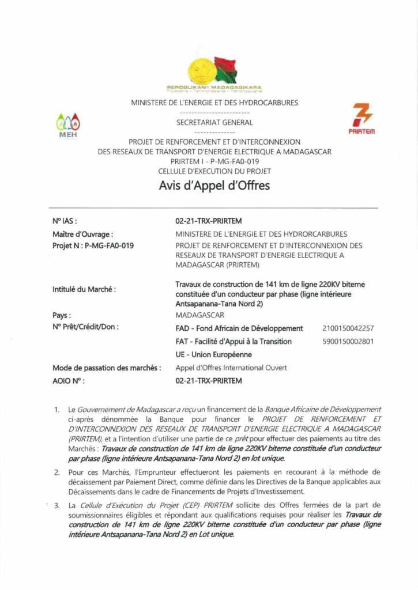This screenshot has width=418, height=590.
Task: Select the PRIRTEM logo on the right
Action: coord(361,119)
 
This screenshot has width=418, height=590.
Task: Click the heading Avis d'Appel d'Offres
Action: coord(214,186)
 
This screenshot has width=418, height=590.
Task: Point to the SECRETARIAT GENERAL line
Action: coord(214,122)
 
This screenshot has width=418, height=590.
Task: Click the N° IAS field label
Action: coord(64,220)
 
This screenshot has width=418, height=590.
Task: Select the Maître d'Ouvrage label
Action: coord(82,234)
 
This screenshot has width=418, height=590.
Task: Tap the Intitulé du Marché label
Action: coord(84,289)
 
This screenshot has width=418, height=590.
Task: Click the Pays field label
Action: coord(62,316)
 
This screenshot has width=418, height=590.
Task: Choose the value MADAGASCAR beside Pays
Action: coord(199,316)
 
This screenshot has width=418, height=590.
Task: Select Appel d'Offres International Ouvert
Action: coord(231,368)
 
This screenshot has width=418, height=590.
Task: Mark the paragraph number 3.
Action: coord(57,505)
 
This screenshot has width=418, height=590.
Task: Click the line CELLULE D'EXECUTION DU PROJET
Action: coord(214,171)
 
